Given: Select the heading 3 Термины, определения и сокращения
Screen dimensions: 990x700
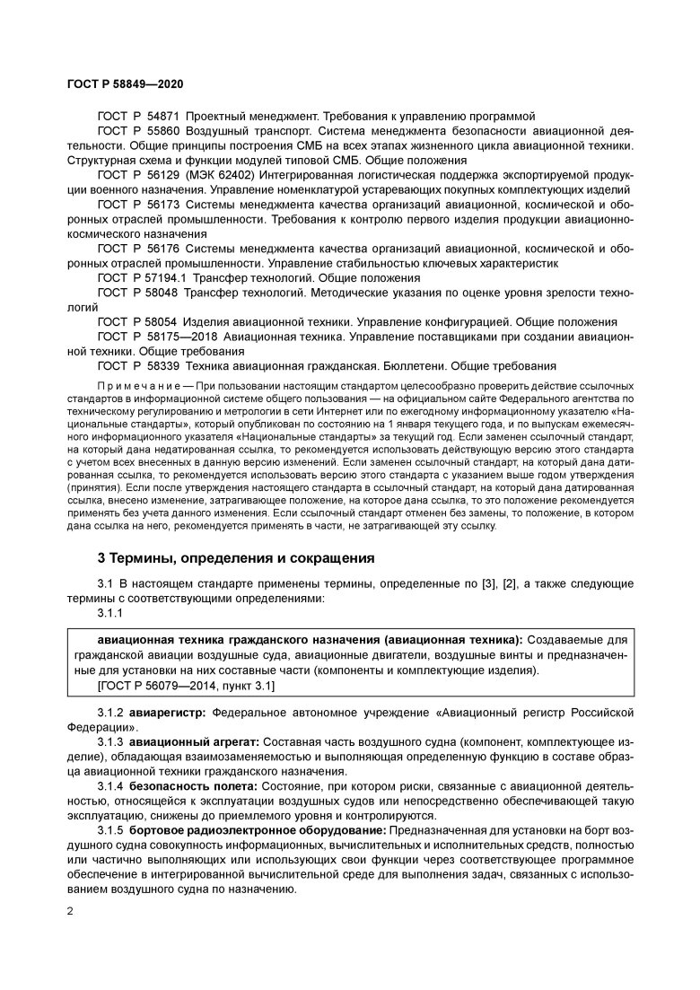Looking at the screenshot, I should pyautogui.click(x=235, y=557).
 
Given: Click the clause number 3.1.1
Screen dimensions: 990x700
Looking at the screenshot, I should pyautogui.click(x=110, y=613).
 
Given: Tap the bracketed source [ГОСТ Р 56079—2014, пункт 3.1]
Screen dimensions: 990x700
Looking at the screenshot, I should pyautogui.click(x=185, y=686).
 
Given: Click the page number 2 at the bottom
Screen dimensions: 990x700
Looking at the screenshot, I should pyautogui.click(x=70, y=913).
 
